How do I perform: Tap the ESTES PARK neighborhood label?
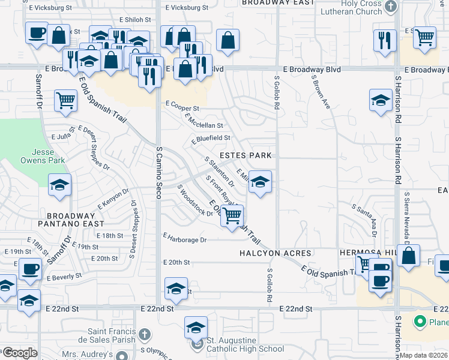pyautogui.click(x=246, y=155)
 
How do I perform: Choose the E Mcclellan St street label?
pyautogui.click(x=204, y=121)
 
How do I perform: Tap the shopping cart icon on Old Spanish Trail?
pyautogui.click(x=232, y=215)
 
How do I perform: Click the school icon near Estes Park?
pyautogui.click(x=259, y=181)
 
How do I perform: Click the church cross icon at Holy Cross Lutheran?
pyautogui.click(x=391, y=7)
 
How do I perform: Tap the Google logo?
pyautogui.click(x=20, y=353)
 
